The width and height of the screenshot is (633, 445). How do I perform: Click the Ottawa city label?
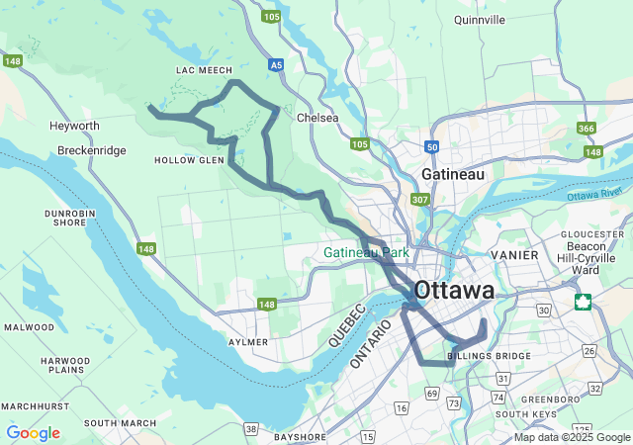455,291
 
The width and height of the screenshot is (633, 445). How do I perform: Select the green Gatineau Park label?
366,253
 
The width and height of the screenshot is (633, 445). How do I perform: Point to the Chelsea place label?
317,118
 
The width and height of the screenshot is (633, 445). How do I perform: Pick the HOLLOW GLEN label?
189,160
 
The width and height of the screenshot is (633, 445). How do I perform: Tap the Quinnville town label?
479,19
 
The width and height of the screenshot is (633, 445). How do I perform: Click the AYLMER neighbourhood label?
248,342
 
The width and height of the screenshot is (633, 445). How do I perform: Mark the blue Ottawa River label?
598,193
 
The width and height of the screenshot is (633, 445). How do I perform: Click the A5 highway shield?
276,66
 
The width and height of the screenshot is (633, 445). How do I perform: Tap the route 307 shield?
420,200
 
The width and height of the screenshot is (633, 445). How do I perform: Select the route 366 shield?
587,129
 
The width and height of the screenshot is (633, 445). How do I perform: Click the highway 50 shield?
431,146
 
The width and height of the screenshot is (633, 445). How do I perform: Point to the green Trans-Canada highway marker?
584,302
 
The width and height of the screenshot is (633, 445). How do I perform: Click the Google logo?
33,433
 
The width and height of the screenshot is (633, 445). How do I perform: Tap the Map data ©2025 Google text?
572,437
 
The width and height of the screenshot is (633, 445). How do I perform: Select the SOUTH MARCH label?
120,423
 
